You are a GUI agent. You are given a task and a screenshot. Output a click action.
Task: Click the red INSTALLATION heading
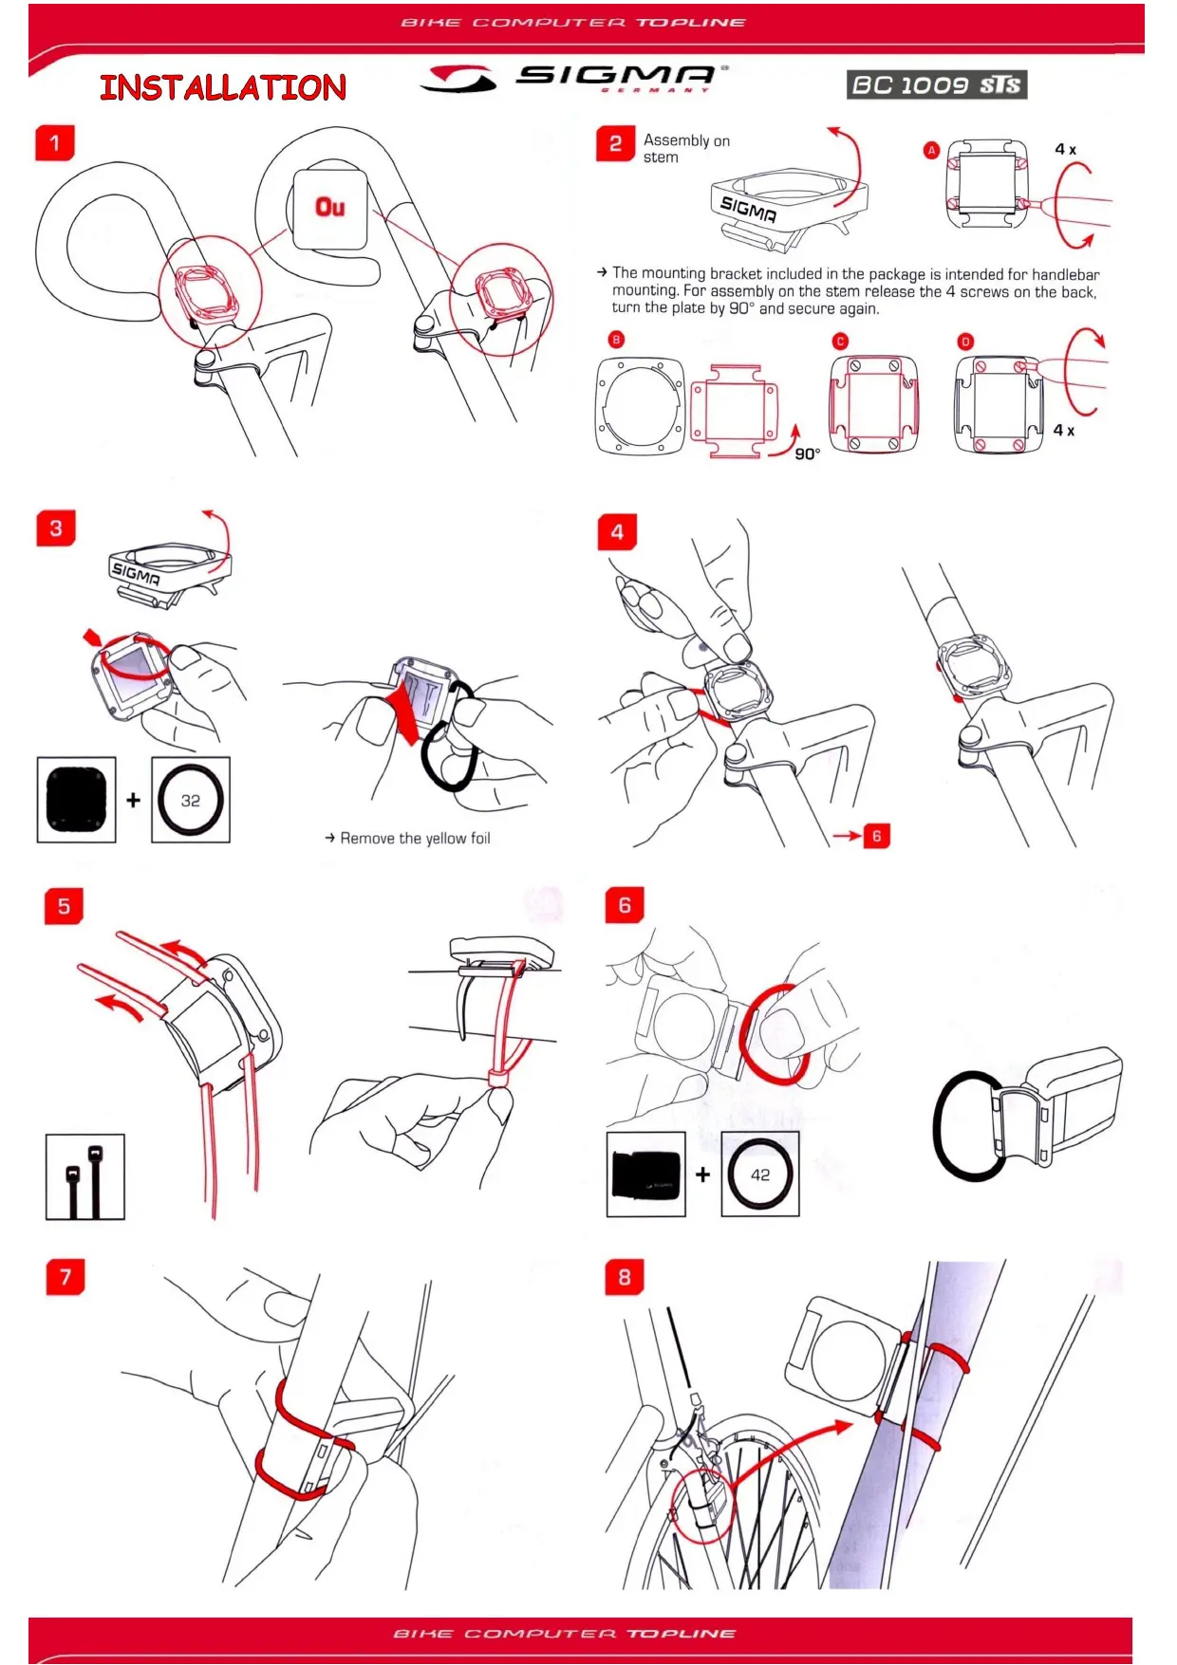(x=223, y=88)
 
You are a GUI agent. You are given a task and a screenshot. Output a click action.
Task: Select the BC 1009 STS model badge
(x=936, y=85)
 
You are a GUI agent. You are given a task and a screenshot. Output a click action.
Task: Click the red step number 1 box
(x=55, y=143)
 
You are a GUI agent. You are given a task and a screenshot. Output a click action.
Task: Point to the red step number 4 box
(x=617, y=532)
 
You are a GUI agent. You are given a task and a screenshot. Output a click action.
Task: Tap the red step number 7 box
(x=65, y=1277)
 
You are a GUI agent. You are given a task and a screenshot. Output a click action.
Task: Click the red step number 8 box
(x=625, y=1277)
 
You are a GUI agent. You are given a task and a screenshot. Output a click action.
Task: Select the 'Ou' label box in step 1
(x=329, y=209)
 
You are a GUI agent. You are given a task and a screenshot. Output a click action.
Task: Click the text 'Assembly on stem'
(x=685, y=149)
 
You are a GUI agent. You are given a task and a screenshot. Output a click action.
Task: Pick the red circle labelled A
(x=932, y=150)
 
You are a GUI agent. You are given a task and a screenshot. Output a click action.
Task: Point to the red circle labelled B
(x=616, y=340)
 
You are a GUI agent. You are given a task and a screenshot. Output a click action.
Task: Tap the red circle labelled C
(x=840, y=342)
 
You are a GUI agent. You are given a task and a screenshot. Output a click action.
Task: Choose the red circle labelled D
(x=965, y=342)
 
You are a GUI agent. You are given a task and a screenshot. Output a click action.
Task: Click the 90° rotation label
(x=808, y=454)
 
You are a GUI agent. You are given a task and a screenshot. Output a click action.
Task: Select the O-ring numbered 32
(x=191, y=800)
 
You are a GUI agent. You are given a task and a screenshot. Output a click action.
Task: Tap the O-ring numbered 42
(x=760, y=1175)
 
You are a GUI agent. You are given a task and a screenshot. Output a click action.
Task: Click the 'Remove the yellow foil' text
(x=415, y=839)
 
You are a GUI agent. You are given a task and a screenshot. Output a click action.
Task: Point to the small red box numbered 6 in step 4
(x=877, y=836)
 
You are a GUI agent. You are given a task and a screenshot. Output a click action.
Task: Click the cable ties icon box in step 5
(x=85, y=1176)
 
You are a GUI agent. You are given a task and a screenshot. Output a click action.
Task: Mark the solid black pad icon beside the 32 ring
(x=77, y=800)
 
